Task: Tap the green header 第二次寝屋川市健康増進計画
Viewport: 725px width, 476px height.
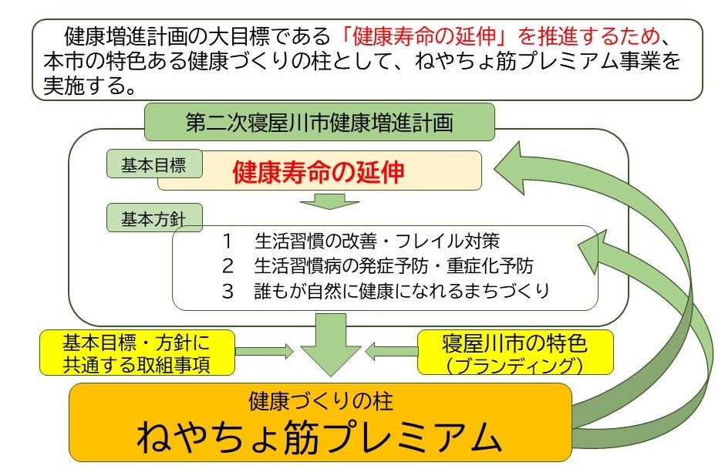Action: point(319,123)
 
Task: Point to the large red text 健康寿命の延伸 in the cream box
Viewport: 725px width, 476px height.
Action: point(319,171)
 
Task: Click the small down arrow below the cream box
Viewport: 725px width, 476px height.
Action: point(330,201)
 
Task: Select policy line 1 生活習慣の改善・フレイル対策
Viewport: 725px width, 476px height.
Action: point(376,240)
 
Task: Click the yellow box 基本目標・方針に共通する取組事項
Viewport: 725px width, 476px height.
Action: point(136,352)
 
